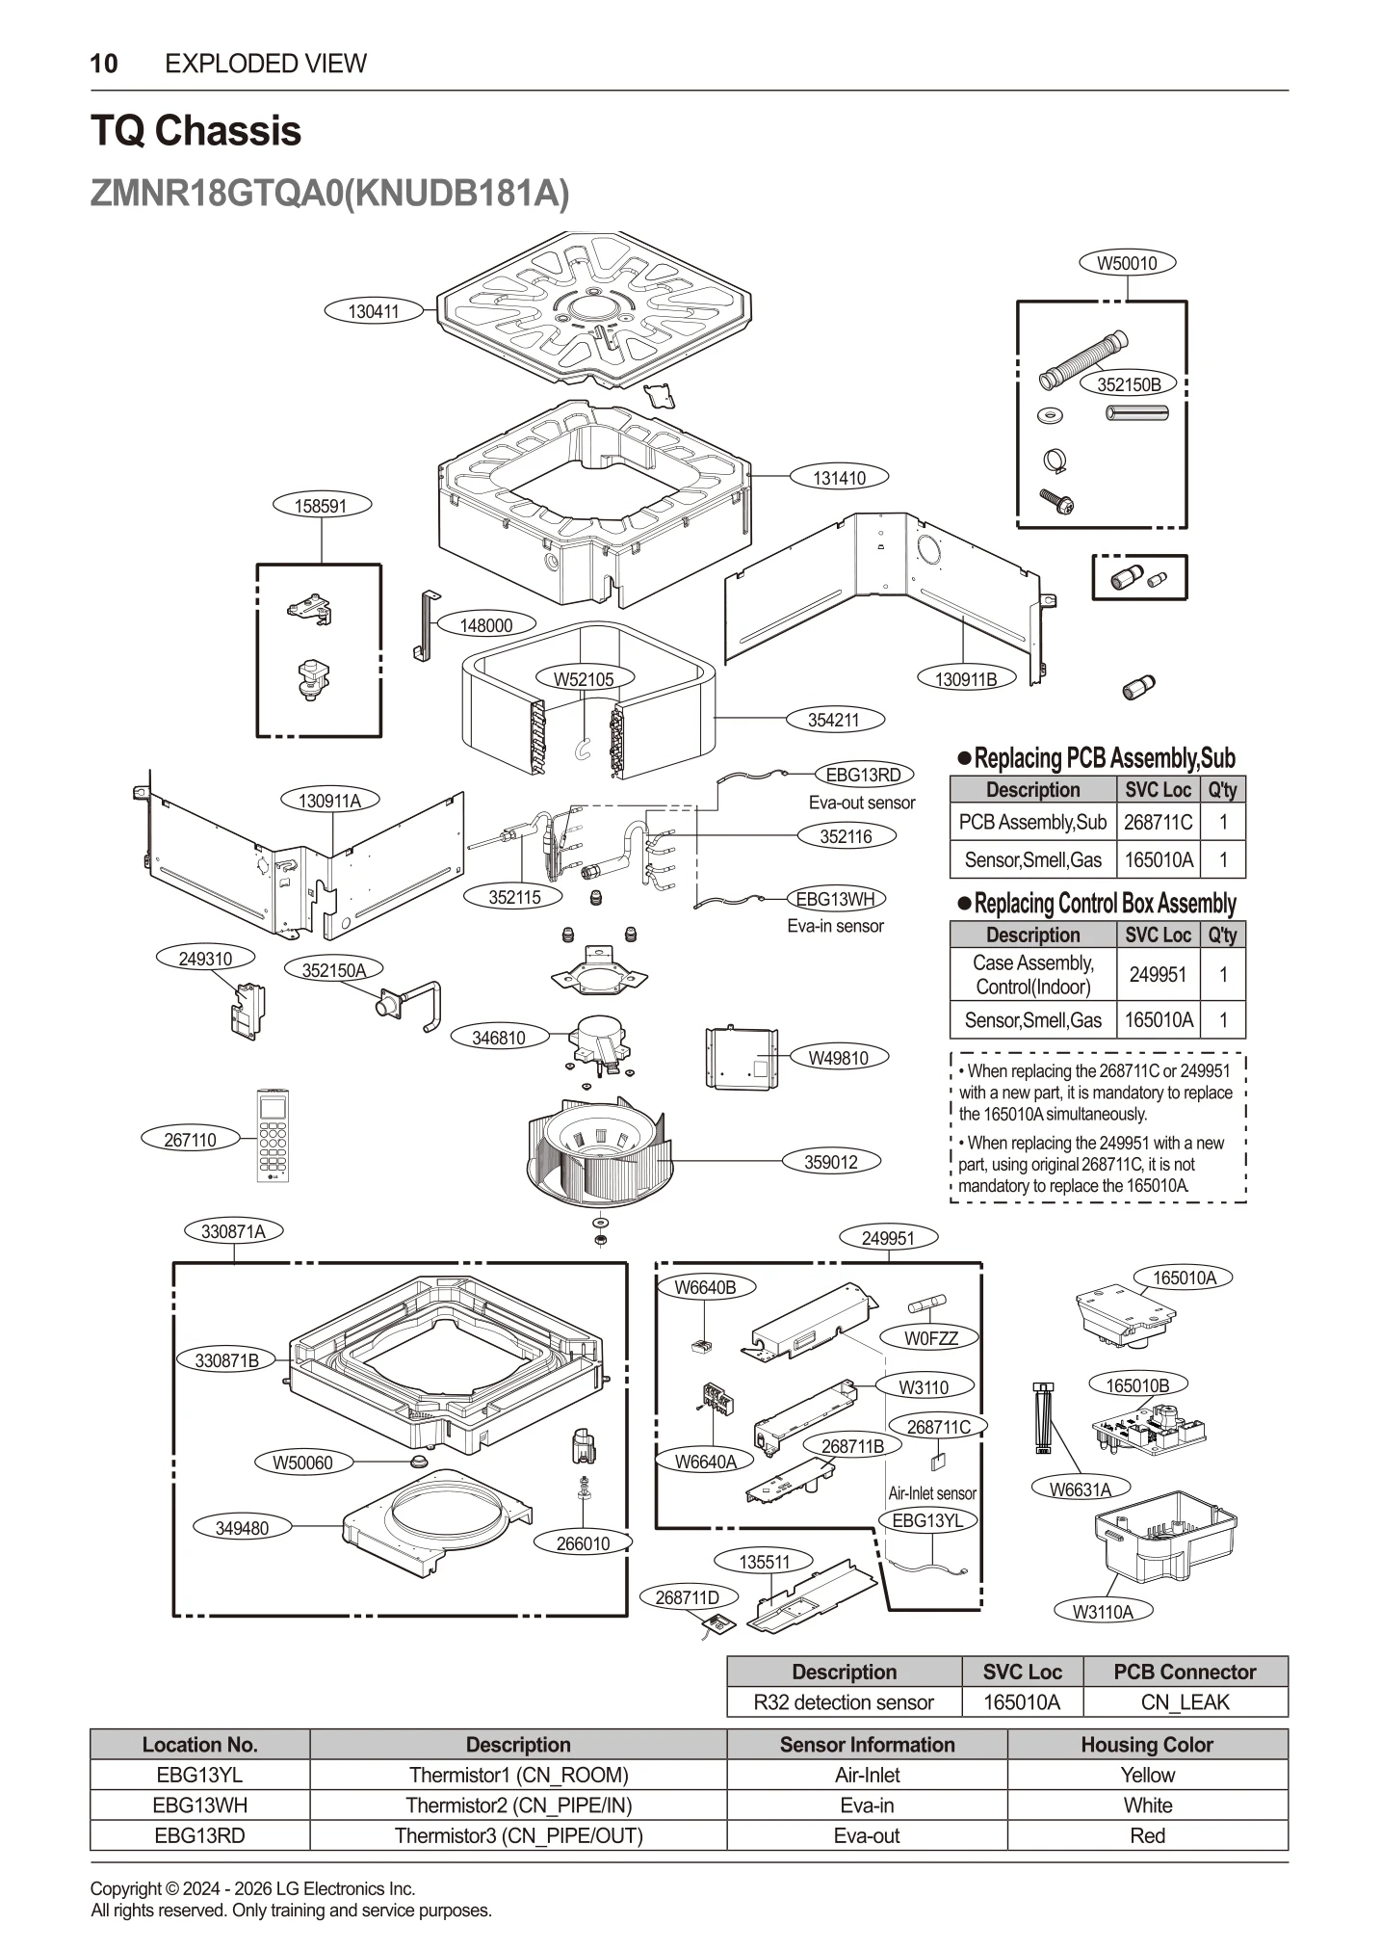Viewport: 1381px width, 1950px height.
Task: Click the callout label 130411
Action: (373, 311)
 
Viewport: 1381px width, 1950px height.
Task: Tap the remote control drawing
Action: (273, 1135)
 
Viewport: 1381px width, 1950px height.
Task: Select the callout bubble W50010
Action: (1127, 263)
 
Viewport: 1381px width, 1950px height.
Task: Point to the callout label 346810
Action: (499, 1038)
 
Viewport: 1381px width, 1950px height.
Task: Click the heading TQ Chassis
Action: (195, 131)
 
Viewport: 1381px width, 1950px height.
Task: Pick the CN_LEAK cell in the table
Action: (1185, 1702)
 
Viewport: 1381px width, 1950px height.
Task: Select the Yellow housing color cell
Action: (1147, 1775)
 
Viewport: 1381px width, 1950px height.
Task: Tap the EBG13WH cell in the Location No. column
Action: (200, 1805)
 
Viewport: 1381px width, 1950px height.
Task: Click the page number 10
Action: (104, 64)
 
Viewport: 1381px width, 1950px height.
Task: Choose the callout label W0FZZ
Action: (930, 1338)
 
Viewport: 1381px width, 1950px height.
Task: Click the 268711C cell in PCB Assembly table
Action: (1158, 822)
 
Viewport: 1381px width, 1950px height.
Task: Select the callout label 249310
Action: (205, 959)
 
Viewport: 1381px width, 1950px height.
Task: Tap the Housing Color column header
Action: (1147, 1744)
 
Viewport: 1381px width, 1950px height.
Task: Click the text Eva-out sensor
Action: (862, 803)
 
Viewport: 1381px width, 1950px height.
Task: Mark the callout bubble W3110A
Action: (1103, 1611)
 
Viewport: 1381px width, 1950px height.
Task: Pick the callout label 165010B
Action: (1137, 1385)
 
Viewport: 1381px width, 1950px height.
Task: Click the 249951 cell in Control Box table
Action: (1158, 974)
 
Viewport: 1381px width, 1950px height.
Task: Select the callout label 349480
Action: (242, 1528)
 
